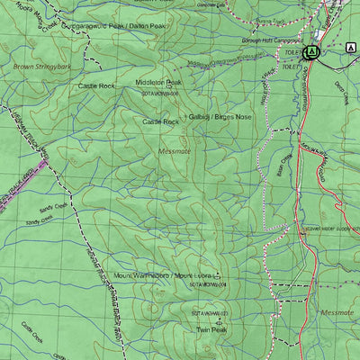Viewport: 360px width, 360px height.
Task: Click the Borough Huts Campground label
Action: (273, 41)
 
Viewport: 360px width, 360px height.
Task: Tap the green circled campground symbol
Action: (312, 52)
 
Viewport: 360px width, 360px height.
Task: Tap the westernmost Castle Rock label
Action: (96, 85)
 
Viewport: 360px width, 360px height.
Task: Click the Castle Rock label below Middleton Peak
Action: (160, 121)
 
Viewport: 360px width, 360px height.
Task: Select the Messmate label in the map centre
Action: (175, 152)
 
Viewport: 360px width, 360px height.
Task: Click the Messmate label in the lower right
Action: (337, 312)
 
